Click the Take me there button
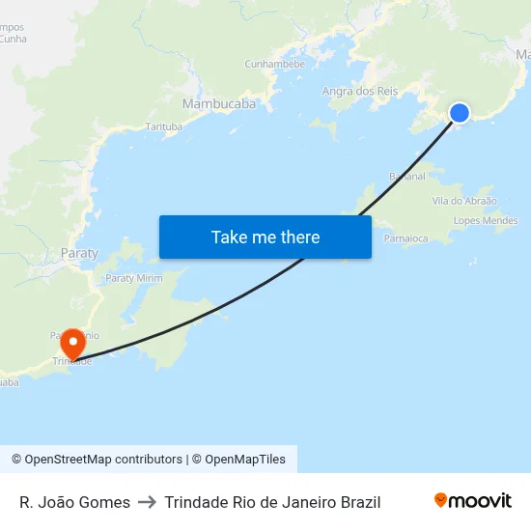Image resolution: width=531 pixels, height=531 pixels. (x=265, y=237)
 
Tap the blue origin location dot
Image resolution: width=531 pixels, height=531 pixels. (x=460, y=113)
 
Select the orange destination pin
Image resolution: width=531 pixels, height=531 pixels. (x=72, y=345)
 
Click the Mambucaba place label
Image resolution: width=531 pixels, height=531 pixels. (x=219, y=102)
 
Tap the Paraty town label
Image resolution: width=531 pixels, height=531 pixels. (x=79, y=253)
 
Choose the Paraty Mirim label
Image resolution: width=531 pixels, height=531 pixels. (x=133, y=278)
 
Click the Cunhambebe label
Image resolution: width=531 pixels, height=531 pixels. (x=274, y=64)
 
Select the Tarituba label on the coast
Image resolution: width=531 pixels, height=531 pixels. (x=163, y=126)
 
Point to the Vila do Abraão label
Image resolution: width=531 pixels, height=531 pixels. (x=464, y=201)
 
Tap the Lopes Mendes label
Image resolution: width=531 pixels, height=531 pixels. (x=485, y=221)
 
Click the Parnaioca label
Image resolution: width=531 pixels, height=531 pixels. (x=405, y=238)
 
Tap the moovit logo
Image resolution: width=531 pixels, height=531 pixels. (x=473, y=501)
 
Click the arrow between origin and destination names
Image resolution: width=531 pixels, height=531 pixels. (x=147, y=502)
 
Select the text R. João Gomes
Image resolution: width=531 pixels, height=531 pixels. (x=74, y=502)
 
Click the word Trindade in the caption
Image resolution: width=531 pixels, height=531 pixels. (x=199, y=502)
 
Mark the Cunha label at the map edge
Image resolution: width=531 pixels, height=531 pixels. (x=14, y=39)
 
